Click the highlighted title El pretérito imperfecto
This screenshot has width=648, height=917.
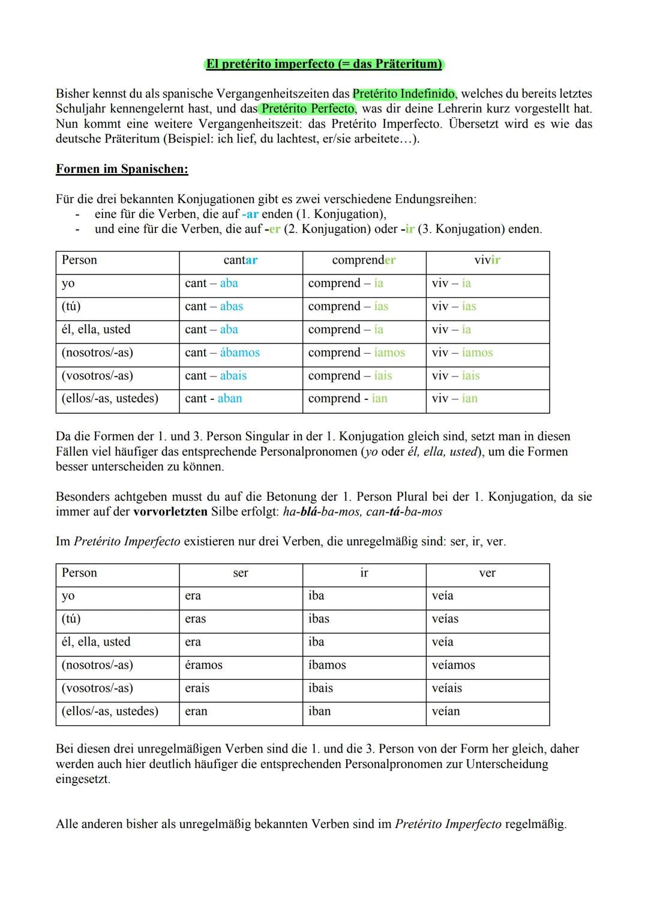point(323,64)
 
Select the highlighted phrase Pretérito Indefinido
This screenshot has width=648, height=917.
point(403,94)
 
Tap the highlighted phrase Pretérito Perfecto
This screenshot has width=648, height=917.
point(308,109)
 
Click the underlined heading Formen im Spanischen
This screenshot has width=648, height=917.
point(122,169)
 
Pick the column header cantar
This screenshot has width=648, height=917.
point(240,260)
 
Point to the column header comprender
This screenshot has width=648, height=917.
point(364,260)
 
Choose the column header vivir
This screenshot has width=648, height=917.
point(487,260)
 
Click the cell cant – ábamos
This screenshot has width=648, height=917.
point(222,353)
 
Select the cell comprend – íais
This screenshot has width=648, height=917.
point(350,375)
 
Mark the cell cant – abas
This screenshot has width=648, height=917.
point(214,306)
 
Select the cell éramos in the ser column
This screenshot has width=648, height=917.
point(203,665)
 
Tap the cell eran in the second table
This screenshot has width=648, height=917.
point(196,711)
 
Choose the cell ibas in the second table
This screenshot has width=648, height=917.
point(319,619)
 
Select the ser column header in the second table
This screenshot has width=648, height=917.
point(240,573)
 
